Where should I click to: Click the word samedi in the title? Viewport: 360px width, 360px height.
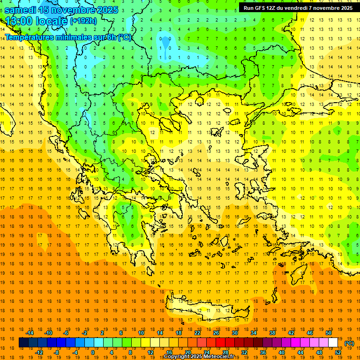[21, 9]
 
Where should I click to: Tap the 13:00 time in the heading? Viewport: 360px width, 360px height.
[18, 21]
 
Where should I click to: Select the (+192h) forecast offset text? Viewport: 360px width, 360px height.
[83, 21]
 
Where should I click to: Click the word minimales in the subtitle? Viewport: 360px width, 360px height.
[70, 37]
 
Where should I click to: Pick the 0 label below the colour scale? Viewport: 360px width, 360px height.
[93, 352]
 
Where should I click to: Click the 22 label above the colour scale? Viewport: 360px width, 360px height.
[197, 333]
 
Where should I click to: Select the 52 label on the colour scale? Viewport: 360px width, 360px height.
[337, 352]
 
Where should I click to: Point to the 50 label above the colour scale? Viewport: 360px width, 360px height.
[329, 333]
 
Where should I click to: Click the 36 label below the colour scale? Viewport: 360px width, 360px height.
[262, 352]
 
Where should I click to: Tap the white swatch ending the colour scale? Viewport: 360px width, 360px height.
[333, 343]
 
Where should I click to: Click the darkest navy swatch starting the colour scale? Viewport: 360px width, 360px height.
[23, 343]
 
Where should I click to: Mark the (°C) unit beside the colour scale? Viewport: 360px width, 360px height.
[349, 343]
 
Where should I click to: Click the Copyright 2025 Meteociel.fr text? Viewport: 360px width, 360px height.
[199, 357]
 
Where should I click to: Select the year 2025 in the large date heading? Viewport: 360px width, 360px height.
[106, 9]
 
